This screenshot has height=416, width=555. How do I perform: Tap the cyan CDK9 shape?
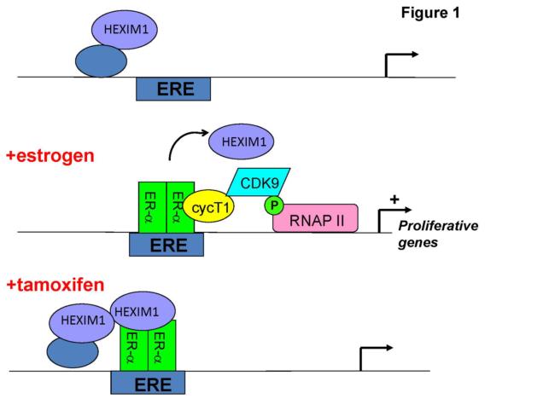(x=260, y=182)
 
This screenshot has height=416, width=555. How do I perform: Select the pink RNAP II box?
(x=315, y=219)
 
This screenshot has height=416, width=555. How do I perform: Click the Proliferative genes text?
(x=437, y=234)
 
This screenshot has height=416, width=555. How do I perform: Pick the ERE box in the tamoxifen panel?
(x=148, y=384)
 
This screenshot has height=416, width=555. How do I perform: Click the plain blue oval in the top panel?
(x=100, y=61)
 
